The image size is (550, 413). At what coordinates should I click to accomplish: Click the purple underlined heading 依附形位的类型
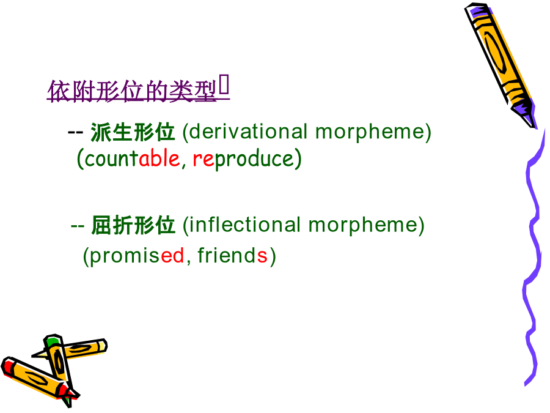(x=133, y=91)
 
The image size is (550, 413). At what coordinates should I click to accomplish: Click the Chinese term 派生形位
(x=133, y=132)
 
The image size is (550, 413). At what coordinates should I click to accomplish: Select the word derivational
(x=248, y=132)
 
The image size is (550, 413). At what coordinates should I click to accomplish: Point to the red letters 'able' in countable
(x=159, y=158)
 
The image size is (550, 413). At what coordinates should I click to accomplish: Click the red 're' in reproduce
(x=203, y=159)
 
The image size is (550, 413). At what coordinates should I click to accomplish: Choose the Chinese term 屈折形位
(x=133, y=225)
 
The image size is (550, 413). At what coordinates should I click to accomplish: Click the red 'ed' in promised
(x=172, y=255)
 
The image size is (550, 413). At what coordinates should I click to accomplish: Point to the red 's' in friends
(x=262, y=256)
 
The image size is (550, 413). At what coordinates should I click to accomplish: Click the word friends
(x=232, y=255)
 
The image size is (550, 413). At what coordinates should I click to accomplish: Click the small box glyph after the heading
(x=224, y=84)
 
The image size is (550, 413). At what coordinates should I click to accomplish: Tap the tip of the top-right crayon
(x=534, y=127)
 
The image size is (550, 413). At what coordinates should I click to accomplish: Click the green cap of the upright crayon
(x=53, y=341)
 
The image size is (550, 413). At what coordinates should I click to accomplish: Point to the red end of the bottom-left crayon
(x=7, y=366)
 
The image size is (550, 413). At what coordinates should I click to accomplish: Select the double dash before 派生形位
(x=75, y=132)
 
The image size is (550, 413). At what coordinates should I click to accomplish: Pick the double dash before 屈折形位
(x=77, y=226)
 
